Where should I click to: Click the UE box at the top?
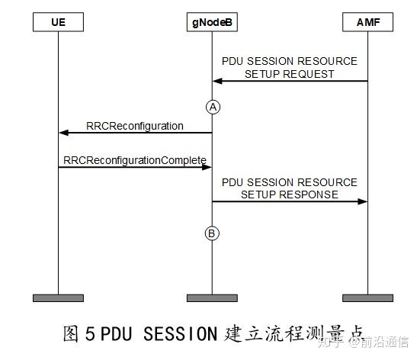[59, 23]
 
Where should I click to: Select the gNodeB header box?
[212, 23]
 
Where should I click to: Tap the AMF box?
[368, 23]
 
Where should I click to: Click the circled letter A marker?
[213, 108]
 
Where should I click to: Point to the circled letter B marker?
[213, 233]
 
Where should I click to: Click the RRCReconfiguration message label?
[134, 126]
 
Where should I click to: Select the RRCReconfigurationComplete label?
[135, 160]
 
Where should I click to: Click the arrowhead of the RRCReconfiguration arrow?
[64, 133]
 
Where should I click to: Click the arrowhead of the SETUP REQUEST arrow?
[217, 81]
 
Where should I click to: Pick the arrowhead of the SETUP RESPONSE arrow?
[363, 201]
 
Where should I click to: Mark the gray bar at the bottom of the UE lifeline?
[59, 297]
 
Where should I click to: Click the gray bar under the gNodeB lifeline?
[212, 297]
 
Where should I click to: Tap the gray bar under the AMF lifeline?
[368, 297]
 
